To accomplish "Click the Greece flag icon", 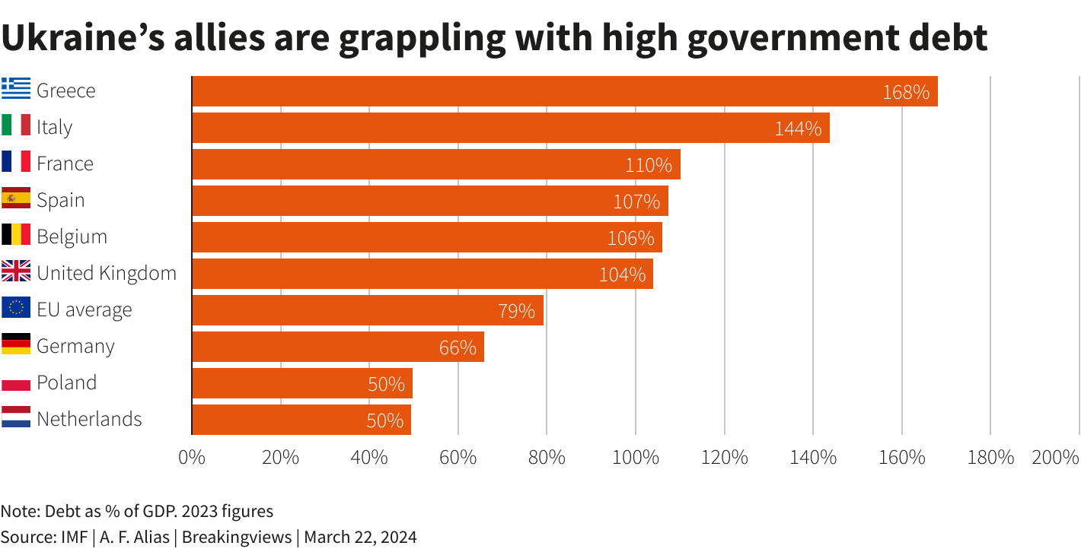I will pos(16,90).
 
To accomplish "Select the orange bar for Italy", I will pos(510,128).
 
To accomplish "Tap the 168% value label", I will pos(906,92).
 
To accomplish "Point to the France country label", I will pos(65,163).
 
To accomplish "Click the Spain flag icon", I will pos(16,200).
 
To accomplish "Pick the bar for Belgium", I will pos(426,237).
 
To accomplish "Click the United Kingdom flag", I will pos(16,273).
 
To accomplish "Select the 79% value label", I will pos(516,311).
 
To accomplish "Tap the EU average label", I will pos(85,309).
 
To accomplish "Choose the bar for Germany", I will pos(337,347).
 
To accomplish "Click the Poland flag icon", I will pos(16,382).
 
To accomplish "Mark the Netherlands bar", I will pos(301,420).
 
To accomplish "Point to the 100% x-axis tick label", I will pos(635,458).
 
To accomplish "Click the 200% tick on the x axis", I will pos(1055,458).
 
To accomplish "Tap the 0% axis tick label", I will pos(192,458).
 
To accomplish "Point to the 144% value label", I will pos(798,128).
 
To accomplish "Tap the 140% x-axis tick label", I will pos(813,458).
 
